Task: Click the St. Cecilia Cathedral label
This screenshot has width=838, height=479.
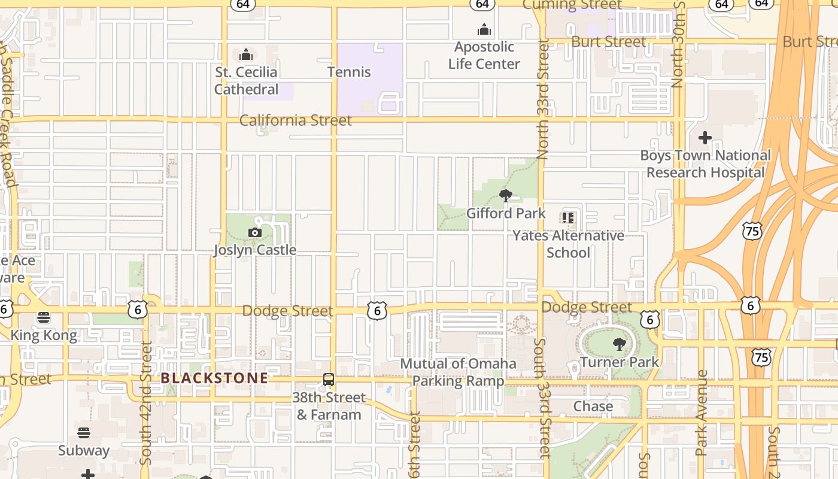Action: click(247, 81)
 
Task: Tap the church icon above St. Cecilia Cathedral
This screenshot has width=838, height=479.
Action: click(246, 56)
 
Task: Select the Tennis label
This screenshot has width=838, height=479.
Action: click(349, 72)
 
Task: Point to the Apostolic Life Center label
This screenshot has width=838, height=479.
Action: click(484, 55)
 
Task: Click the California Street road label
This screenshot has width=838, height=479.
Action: click(296, 120)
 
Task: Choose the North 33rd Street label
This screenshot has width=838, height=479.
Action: click(543, 99)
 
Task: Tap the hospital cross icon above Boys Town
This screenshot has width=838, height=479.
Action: click(705, 138)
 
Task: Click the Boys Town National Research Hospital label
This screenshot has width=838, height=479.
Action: click(706, 164)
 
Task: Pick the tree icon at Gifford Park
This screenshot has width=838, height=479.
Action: click(506, 195)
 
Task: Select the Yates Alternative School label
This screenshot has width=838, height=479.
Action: click(568, 244)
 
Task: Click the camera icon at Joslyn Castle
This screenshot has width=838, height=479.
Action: click(255, 232)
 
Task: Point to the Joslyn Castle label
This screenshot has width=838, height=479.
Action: click(255, 250)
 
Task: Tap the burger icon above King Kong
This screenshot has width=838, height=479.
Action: click(44, 317)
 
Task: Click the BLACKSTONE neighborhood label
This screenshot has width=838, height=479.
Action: click(214, 378)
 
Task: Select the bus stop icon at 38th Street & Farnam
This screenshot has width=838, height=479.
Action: click(329, 380)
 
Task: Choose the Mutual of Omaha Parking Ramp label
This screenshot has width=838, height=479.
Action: click(458, 372)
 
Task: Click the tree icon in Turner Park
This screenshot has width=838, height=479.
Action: click(619, 344)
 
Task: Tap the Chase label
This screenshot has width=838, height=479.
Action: click(593, 406)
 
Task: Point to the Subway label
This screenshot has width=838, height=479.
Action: click(84, 450)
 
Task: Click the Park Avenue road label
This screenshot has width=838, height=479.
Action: click(702, 413)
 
